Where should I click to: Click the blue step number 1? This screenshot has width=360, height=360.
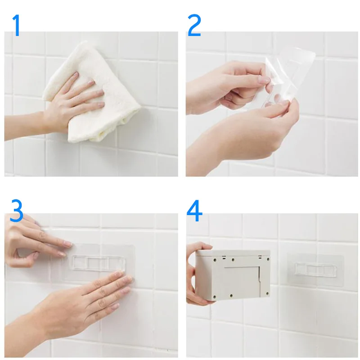[16, 25]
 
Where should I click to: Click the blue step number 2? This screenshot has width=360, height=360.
[194, 25]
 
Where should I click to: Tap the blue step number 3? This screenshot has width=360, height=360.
[16, 211]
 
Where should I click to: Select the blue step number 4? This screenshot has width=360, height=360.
[194, 211]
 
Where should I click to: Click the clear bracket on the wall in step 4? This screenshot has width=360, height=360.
[315, 269]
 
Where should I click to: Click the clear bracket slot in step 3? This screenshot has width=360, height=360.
[99, 263]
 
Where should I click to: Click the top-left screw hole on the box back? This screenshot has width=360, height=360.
[215, 261]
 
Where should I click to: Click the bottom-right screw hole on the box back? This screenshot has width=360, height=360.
[267, 293]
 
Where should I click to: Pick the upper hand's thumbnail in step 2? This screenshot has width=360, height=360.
[264, 80]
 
